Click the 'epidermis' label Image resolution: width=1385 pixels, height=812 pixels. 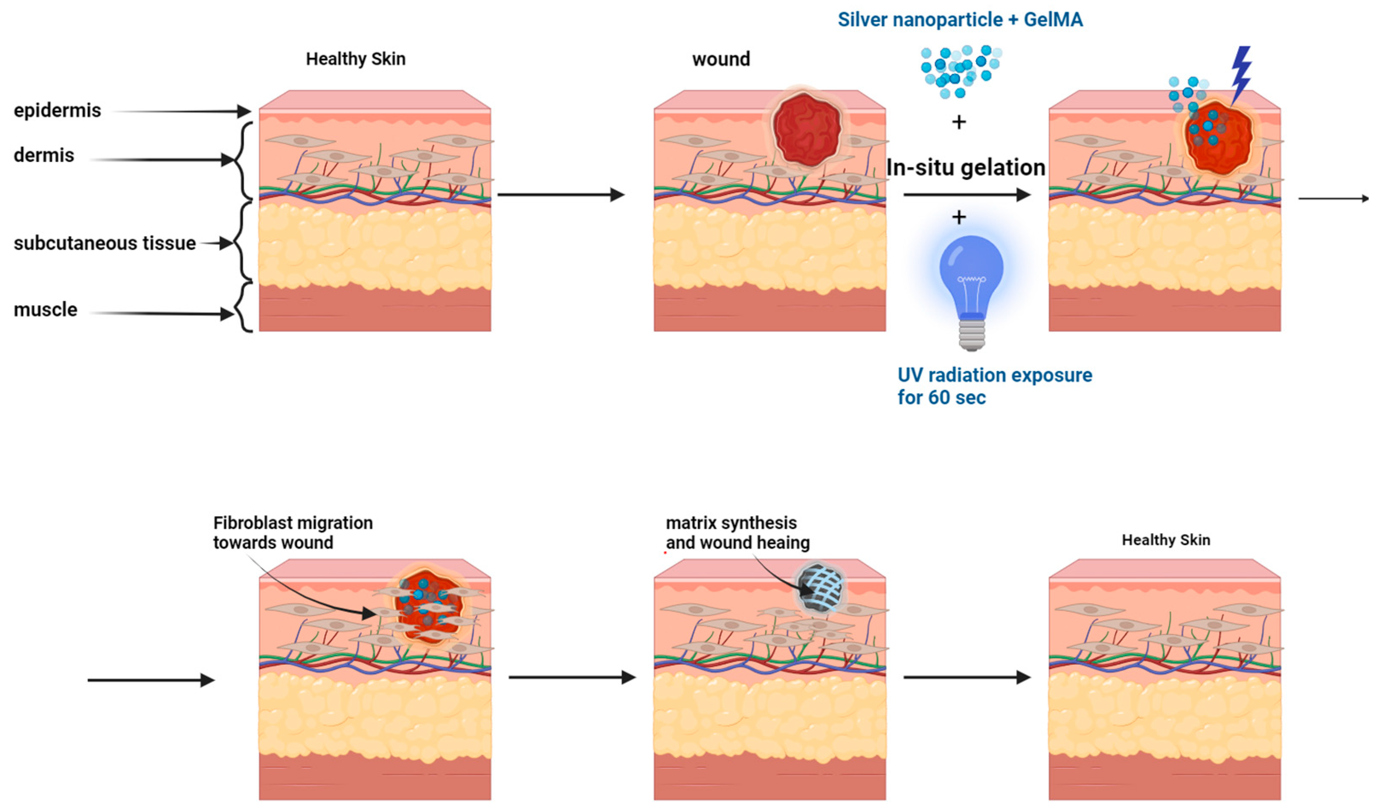(x=57, y=111)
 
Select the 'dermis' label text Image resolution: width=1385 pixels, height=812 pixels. (x=44, y=156)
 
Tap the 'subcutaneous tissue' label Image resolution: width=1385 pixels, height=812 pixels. (x=105, y=243)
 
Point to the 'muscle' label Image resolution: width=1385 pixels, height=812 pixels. (x=45, y=309)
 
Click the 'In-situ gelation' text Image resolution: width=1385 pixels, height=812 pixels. (x=965, y=168)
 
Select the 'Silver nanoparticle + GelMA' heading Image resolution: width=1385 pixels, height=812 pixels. (x=960, y=20)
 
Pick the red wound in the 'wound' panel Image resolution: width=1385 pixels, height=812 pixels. (x=806, y=130)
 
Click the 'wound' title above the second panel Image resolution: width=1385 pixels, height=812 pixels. (x=720, y=59)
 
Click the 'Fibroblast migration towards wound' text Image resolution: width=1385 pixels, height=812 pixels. (x=292, y=532)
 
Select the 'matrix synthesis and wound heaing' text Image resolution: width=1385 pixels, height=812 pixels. (x=737, y=532)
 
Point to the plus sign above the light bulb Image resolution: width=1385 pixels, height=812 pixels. (x=958, y=218)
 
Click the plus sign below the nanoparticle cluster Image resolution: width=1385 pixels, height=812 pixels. (x=958, y=122)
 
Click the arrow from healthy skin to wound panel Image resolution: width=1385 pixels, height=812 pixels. (x=560, y=195)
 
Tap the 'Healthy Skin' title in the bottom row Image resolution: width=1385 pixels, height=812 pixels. (x=1165, y=540)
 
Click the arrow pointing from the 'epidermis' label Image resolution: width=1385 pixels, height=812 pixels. (x=181, y=112)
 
